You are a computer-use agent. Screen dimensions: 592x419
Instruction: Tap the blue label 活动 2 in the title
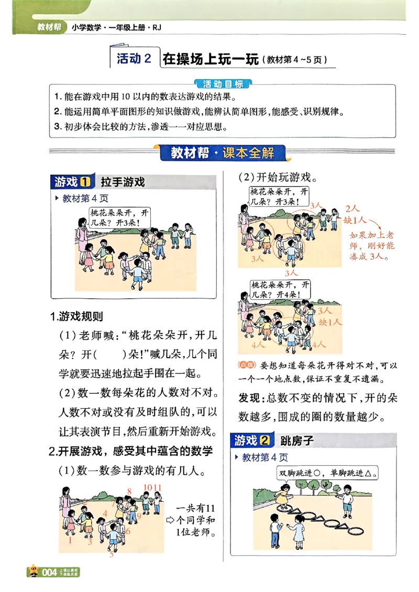[x=134, y=59]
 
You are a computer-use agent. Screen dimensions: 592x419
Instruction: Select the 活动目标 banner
[x=223, y=84]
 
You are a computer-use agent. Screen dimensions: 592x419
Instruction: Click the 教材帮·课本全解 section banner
[x=224, y=154]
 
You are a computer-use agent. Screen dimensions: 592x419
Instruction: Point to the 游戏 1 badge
[x=73, y=182]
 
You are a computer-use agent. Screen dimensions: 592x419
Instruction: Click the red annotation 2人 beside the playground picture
[x=353, y=209]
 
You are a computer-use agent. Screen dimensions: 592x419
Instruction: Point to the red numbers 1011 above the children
[x=153, y=487]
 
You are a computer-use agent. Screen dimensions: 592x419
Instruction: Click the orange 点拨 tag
[x=247, y=365]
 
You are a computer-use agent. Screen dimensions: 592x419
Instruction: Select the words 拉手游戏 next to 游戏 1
[x=123, y=182]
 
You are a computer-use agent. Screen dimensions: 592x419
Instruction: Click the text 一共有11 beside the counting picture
[x=196, y=509]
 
